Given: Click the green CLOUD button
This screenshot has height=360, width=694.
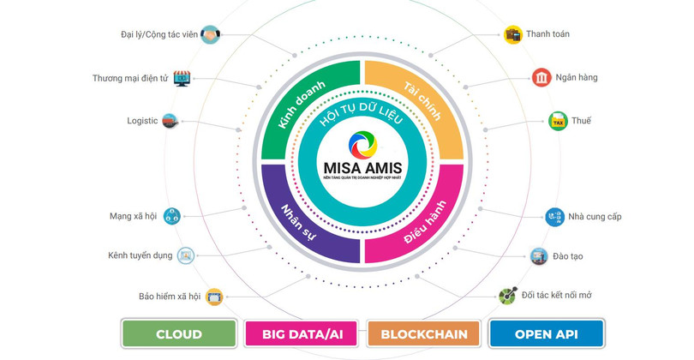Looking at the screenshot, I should pyautogui.click(x=179, y=333).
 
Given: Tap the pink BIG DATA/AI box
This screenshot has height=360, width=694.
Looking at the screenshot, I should pyautogui.click(x=302, y=333).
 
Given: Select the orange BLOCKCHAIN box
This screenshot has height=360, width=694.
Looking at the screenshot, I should pyautogui.click(x=423, y=333).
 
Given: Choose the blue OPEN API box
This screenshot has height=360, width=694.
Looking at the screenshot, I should pyautogui.click(x=547, y=333).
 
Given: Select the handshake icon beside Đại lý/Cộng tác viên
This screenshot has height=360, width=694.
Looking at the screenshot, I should pyautogui.click(x=210, y=35).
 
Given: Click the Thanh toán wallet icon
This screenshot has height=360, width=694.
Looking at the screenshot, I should pyautogui.click(x=514, y=35).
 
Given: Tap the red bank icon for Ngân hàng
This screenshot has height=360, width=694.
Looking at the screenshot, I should pyautogui.click(x=541, y=78).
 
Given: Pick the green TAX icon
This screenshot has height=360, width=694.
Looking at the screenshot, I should pyautogui.click(x=559, y=121).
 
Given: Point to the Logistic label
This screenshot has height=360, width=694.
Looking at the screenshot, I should pyautogui.click(x=142, y=121).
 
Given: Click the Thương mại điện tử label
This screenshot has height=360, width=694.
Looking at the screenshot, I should pyautogui.click(x=130, y=79).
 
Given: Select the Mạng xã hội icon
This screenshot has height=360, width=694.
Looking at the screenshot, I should pyautogui.click(x=172, y=216).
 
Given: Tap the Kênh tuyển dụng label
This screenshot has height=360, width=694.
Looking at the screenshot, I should pyautogui.click(x=141, y=255).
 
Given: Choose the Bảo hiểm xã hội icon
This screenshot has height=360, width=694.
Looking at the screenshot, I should pyautogui.click(x=214, y=297).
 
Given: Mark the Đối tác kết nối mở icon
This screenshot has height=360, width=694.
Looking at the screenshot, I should pyautogui.click(x=508, y=296).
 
